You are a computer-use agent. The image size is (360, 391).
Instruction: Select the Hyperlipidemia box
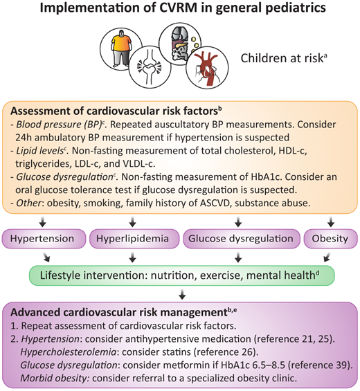point(131,238)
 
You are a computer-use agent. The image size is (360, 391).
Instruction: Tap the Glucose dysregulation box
point(240,238)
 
